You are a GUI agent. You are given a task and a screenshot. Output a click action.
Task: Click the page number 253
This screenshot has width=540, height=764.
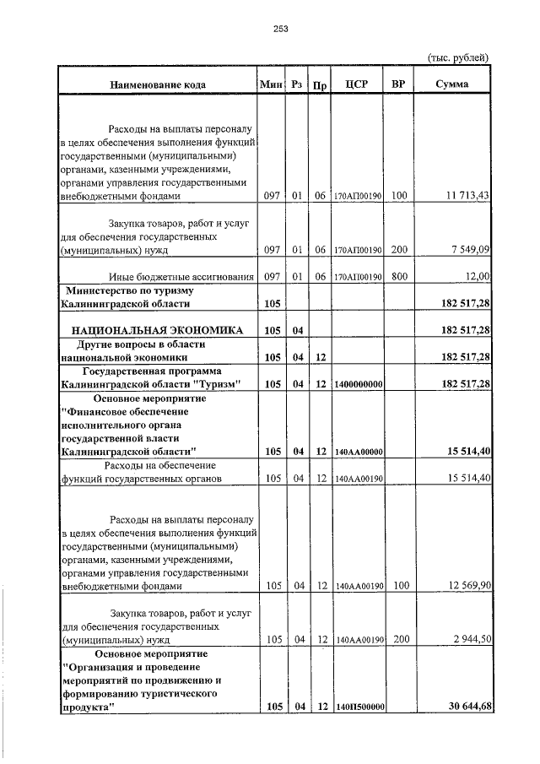[281, 29]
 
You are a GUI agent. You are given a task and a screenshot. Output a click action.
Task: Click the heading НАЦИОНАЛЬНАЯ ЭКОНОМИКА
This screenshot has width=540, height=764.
[158, 329]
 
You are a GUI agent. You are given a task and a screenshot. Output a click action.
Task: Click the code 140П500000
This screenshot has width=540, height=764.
[359, 707]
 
